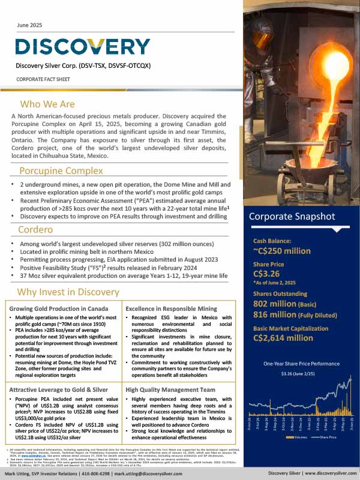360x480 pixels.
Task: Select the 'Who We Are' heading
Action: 47,103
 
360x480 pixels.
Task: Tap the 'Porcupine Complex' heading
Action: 61,170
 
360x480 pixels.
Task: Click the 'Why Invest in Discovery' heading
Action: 68,292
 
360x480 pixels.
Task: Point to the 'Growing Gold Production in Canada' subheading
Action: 59,308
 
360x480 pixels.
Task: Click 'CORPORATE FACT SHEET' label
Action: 43,78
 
